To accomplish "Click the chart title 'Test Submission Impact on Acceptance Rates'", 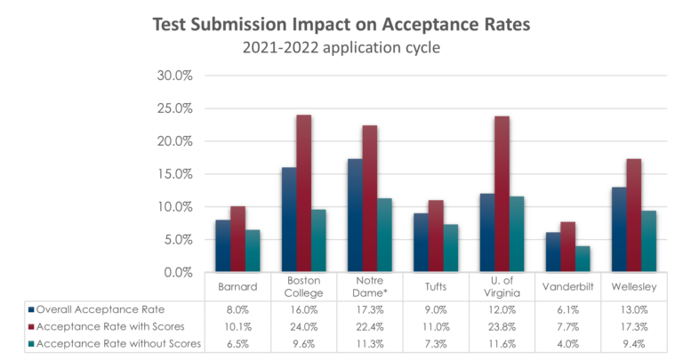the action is (341, 25).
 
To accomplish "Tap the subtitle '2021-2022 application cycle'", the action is (341, 47).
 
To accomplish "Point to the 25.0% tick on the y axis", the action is (174, 108).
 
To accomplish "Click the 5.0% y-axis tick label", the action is (178, 240).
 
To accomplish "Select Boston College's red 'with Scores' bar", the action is (303, 193).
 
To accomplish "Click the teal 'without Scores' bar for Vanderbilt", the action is (583, 259).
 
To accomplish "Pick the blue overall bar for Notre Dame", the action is (355, 215).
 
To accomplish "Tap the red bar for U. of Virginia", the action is (502, 194).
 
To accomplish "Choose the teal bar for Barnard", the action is (253, 251).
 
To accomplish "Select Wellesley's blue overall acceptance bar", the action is (619, 229).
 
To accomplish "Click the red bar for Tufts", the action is (436, 236).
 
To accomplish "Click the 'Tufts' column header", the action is (436, 287).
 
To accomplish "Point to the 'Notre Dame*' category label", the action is (370, 287).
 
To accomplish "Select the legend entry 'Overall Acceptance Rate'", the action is (100, 309).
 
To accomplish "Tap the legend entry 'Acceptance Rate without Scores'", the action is (118, 344).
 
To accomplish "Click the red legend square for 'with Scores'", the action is (31, 327).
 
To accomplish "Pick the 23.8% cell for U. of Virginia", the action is (502, 327).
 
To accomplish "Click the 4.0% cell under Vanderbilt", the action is (568, 344).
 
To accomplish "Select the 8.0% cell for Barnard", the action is (237, 310).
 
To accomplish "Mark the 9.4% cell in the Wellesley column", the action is (634, 344).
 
